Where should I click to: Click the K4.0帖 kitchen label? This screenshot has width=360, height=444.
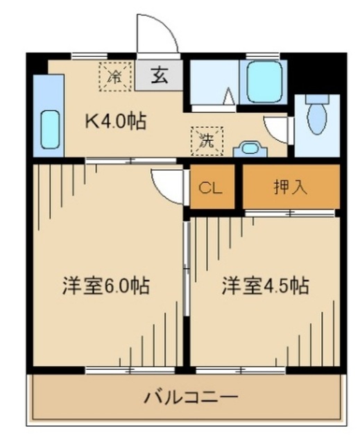tap(115, 121)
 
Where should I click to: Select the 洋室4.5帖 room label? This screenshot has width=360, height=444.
tap(266, 285)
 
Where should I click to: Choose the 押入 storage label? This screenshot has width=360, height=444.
tap(291, 187)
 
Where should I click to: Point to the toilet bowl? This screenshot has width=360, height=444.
tap(316, 117)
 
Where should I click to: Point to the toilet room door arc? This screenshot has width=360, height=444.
tap(277, 129)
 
